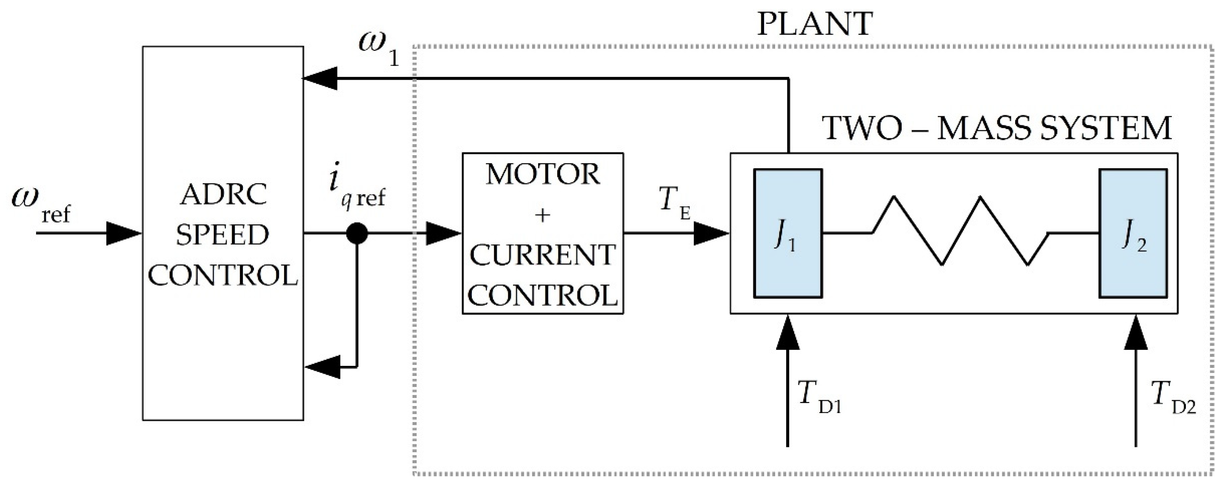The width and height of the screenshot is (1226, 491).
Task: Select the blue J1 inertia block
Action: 788,233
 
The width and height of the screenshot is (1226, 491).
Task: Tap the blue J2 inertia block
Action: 1133,233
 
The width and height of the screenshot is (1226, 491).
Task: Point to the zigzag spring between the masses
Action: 960,231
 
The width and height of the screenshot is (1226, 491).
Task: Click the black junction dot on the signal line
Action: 357,233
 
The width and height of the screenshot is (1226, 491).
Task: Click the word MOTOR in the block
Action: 543,175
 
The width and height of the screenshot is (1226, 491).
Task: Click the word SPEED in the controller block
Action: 223,235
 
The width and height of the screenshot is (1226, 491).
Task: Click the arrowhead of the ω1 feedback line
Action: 320,78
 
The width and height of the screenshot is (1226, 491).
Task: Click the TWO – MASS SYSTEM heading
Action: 997,128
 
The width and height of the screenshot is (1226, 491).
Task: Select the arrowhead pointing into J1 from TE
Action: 711,233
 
